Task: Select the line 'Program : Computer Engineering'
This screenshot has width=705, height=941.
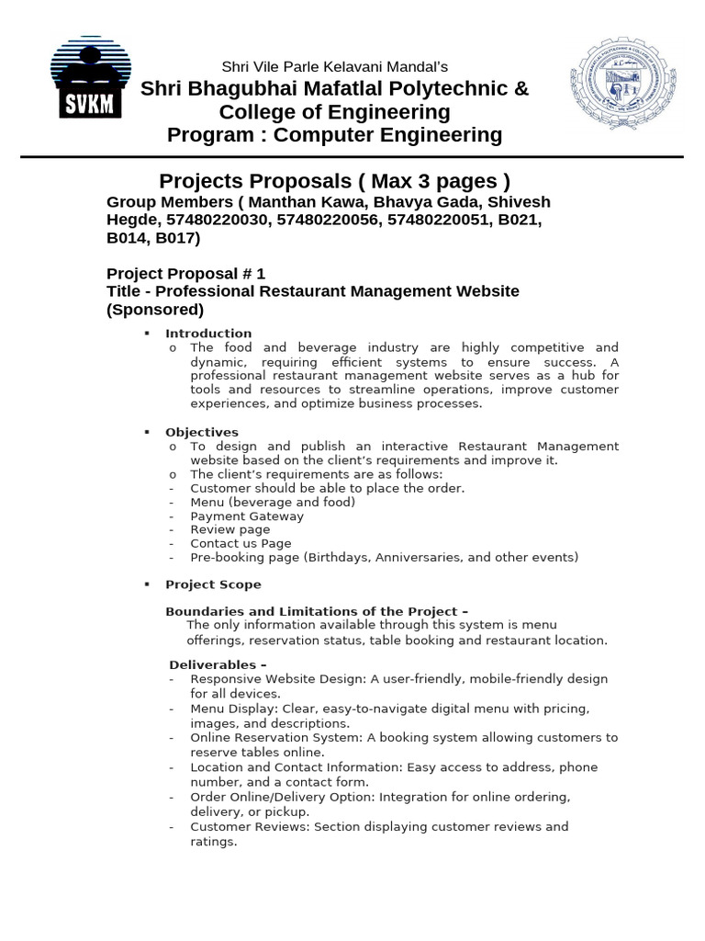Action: pyautogui.click(x=334, y=135)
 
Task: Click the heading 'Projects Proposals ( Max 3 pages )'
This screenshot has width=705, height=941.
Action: pyautogui.click(x=334, y=180)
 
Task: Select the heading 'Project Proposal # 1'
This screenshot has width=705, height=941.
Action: pyautogui.click(x=185, y=273)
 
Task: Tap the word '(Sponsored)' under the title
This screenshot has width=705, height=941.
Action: pyautogui.click(x=155, y=309)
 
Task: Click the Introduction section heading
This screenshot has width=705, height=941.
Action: pyautogui.click(x=208, y=333)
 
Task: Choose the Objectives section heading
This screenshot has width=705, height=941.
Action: pyautogui.click(x=202, y=432)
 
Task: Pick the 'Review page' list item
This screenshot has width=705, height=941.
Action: pyautogui.click(x=230, y=529)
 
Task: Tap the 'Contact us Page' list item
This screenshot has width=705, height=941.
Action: pyautogui.click(x=241, y=543)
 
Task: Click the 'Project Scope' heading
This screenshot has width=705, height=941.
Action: pyautogui.click(x=213, y=584)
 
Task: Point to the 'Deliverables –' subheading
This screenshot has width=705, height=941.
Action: pyautogui.click(x=218, y=664)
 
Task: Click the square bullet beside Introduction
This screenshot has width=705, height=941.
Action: pyautogui.click(x=147, y=333)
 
